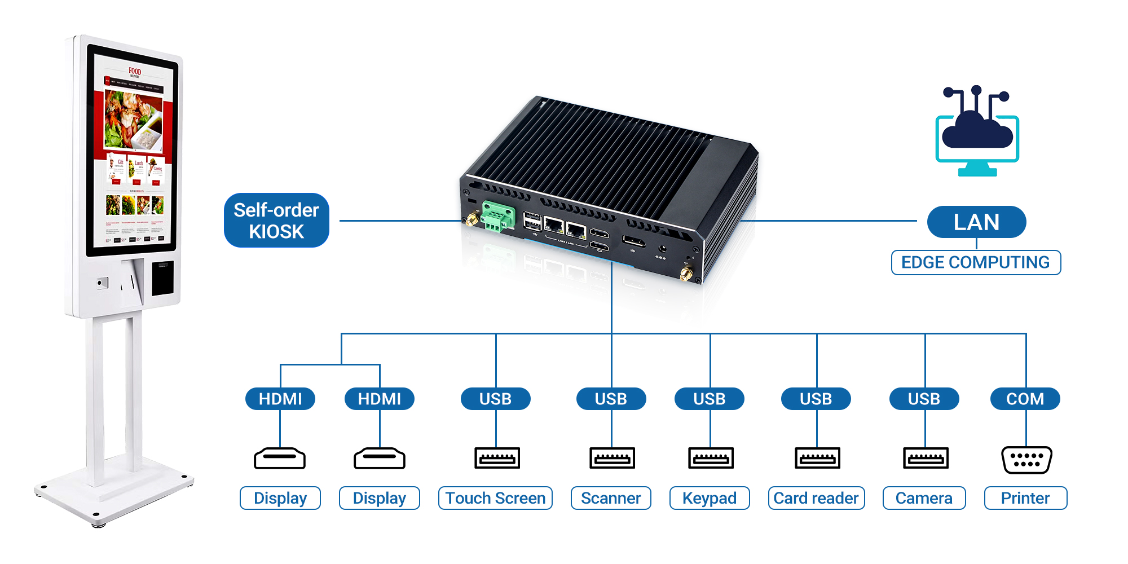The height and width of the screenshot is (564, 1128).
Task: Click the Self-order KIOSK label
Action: pos(276,221)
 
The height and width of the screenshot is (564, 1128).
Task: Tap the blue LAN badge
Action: pos(976,222)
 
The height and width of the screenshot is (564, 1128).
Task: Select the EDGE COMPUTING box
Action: pos(976,262)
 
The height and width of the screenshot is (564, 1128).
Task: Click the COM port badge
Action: pos(1025,399)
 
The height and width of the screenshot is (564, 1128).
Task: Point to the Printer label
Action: pos(1025,498)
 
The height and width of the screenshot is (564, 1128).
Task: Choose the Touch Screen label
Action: pos(495,498)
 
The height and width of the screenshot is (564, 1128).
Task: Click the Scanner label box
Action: pos(611,498)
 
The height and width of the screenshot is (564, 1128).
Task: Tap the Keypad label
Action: pos(710,498)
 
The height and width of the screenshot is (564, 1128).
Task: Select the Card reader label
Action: pos(816,498)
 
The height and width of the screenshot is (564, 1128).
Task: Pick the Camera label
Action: pos(924,498)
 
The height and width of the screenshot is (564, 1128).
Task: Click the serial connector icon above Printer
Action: pos(1026,460)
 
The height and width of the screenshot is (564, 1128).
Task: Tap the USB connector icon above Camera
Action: pos(926,458)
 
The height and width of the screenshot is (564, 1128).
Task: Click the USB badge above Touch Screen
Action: pos(495,399)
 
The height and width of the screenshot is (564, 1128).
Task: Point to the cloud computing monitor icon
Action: pos(977,133)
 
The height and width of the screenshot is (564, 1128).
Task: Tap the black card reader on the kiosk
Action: pos(162,277)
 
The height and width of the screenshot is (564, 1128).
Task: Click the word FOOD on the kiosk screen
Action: pos(135,71)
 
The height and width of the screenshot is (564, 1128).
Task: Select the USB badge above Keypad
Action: pos(710,399)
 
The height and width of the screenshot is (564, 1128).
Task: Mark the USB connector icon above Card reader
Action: pos(817,458)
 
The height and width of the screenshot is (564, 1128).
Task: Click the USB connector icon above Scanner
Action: pos(612,458)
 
